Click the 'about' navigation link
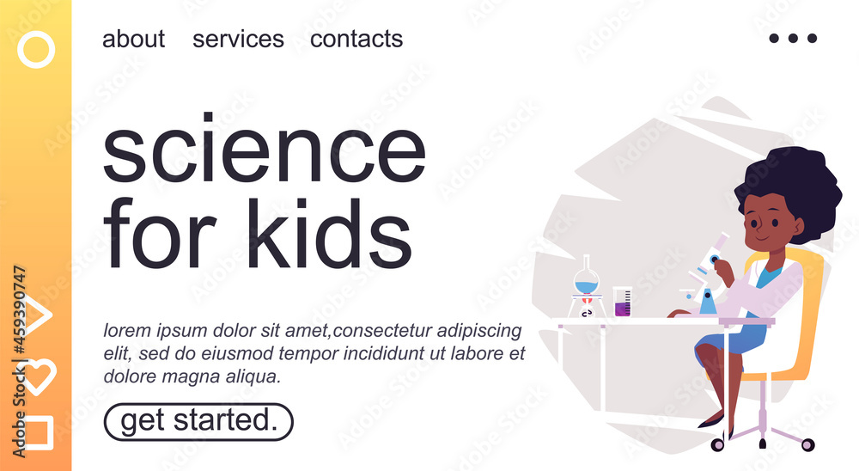(x=134, y=39)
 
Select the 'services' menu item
(x=238, y=39)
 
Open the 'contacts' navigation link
(x=356, y=39)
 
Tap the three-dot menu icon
(x=793, y=38)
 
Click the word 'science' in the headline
(x=264, y=148)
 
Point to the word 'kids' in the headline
(x=329, y=233)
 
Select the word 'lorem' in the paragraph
(x=127, y=331)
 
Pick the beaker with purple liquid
(x=622, y=302)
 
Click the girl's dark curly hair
(x=793, y=187)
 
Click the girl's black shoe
(x=712, y=420)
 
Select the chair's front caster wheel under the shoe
(x=717, y=444)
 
